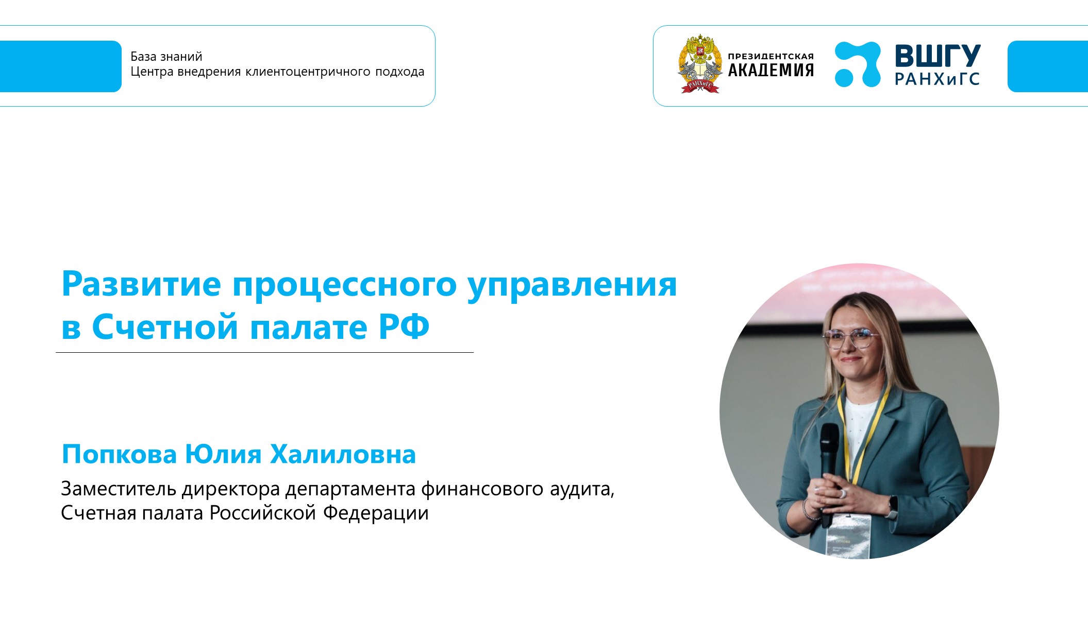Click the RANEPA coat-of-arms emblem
click(699, 64)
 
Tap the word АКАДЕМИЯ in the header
click(771, 71)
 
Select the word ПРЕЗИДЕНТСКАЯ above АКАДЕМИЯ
click(771, 56)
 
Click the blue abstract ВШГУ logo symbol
click(857, 64)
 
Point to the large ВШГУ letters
click(938, 55)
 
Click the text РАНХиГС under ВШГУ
click(937, 79)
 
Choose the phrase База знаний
click(166, 57)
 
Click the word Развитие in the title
click(141, 284)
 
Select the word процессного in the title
click(344, 284)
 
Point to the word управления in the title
click(572, 284)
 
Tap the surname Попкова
click(120, 454)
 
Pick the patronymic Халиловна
click(343, 454)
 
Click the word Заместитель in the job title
click(120, 489)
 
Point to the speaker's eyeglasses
click(850, 338)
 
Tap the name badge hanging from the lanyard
click(848, 536)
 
